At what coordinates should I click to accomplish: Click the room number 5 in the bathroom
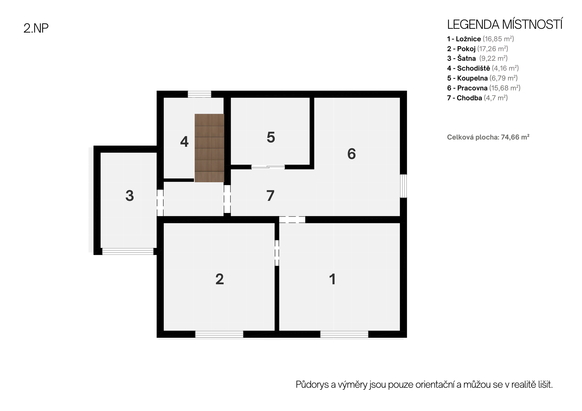(x=271, y=137)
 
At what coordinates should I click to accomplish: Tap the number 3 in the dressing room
(x=129, y=196)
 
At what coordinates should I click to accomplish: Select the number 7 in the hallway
(x=270, y=196)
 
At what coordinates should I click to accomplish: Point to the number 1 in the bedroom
(x=332, y=279)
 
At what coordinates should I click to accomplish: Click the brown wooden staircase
(x=210, y=148)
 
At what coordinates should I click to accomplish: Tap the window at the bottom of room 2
(x=219, y=334)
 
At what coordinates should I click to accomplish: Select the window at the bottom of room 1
(x=344, y=334)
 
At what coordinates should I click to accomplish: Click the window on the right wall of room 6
(x=403, y=186)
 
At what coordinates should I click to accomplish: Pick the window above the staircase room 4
(x=199, y=94)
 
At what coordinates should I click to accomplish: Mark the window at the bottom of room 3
(x=128, y=251)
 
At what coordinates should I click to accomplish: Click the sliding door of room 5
(x=268, y=167)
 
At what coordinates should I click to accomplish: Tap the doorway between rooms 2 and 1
(x=277, y=253)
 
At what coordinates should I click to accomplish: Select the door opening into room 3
(x=160, y=203)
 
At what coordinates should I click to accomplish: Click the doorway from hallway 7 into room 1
(x=292, y=219)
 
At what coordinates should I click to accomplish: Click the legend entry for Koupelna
(x=482, y=78)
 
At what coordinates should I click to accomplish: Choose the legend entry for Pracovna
(x=484, y=88)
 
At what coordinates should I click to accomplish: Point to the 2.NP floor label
(x=36, y=28)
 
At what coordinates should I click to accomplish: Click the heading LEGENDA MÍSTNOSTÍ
(x=505, y=25)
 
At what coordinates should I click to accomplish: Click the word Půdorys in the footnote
(x=312, y=385)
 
